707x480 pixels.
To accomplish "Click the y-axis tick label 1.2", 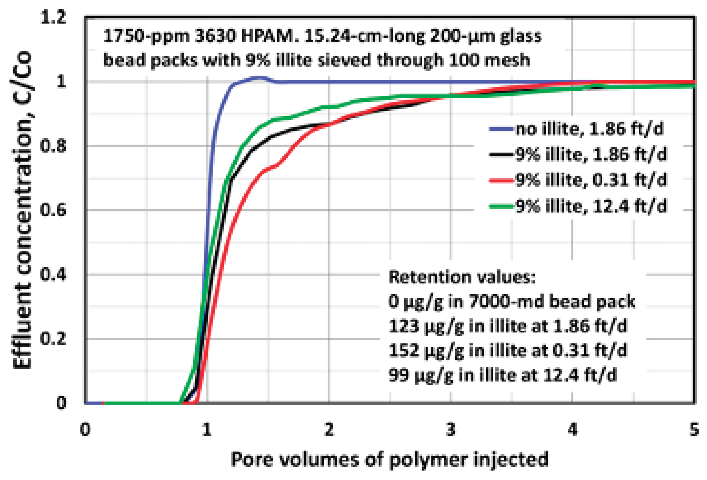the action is point(53,17).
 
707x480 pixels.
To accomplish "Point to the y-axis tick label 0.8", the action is point(53,146).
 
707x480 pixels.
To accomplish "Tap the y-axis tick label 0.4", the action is point(53,275).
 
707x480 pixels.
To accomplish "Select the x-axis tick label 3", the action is point(450,430).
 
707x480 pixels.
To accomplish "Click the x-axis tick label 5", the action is point(694,430).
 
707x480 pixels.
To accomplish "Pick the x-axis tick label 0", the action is point(85,430).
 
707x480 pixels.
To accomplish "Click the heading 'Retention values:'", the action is point(462,277).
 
